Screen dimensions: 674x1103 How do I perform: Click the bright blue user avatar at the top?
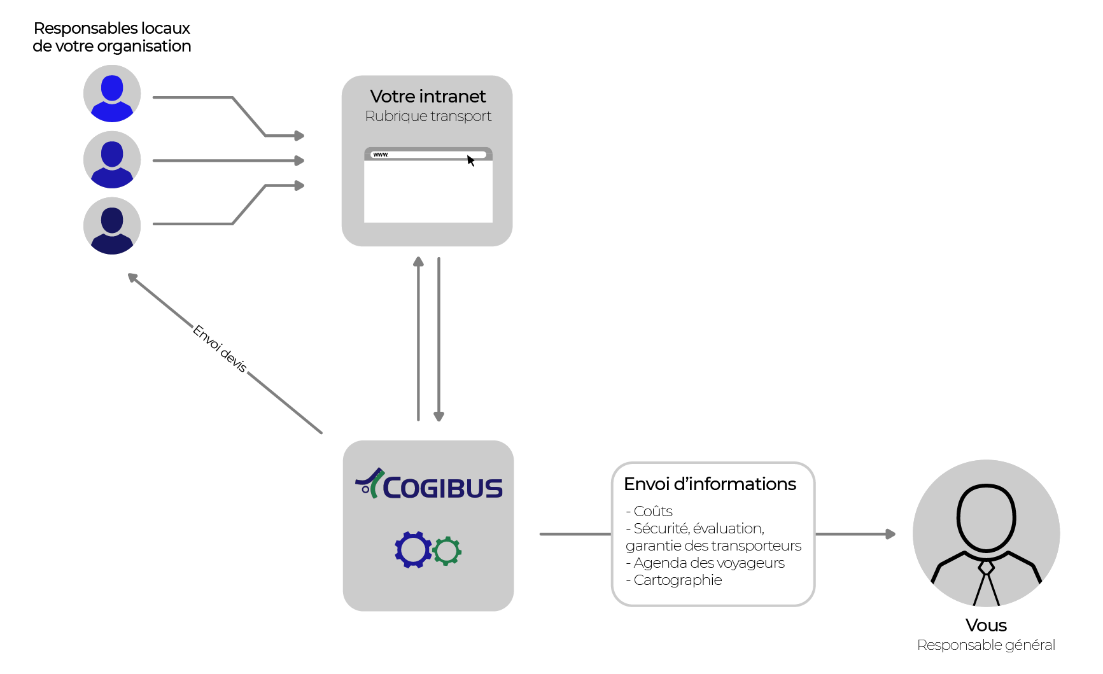click(x=112, y=94)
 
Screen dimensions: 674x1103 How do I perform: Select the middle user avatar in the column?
click(x=112, y=160)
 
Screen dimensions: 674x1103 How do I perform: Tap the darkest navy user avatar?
click(x=112, y=226)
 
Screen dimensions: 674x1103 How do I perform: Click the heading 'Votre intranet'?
click(x=428, y=96)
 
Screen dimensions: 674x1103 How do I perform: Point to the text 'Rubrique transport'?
click(x=428, y=116)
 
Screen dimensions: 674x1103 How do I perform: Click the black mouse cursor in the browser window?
click(x=471, y=160)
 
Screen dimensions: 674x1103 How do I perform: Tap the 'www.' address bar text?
click(x=381, y=155)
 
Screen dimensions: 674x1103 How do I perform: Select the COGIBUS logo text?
click(x=442, y=488)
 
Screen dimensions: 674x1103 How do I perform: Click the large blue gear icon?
click(x=413, y=549)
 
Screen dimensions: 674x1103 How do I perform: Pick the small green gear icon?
click(x=447, y=551)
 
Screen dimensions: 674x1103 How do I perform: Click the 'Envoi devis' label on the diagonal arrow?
click(x=220, y=348)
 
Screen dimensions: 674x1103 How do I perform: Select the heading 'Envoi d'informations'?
click(x=710, y=484)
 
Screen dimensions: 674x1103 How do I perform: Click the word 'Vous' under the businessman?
click(x=986, y=625)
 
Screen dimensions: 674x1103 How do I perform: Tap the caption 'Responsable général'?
click(x=986, y=645)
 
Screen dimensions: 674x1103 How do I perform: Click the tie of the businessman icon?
click(x=987, y=582)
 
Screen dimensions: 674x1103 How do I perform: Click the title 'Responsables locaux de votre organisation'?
click(x=112, y=37)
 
